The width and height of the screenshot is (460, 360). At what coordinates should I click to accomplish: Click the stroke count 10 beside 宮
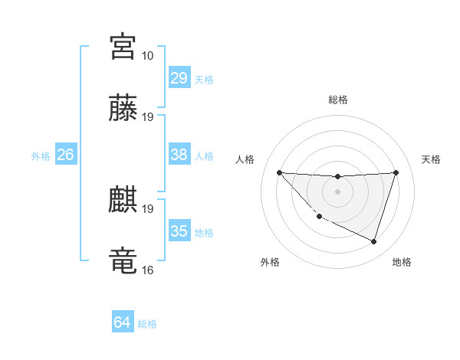coord(147,56)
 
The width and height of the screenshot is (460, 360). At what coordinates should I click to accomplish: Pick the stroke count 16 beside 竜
coord(147,270)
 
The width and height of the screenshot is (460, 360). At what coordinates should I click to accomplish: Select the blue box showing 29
coord(179,78)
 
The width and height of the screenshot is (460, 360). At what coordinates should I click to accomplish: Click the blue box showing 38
coord(179,155)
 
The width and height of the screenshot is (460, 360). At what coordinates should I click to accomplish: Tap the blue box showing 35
coord(179,231)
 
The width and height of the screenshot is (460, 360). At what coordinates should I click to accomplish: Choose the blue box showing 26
coord(65,155)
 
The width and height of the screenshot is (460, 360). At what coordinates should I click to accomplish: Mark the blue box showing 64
coord(122,322)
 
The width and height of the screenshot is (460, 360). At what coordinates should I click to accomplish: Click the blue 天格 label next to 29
coord(204,80)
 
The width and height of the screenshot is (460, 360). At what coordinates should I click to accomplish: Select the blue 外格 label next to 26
coord(41,156)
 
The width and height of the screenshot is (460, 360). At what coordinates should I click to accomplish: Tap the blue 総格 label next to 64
coord(147,324)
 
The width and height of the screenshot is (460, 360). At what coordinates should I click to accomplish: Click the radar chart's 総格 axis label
coord(337,100)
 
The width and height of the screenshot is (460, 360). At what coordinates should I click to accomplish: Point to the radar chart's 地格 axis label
coord(402,262)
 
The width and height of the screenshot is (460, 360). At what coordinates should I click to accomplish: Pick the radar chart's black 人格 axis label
coord(246,159)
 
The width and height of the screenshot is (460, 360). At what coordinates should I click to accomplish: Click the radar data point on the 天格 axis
coord(396,172)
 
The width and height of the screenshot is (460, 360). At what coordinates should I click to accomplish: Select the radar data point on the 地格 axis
coord(373,241)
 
